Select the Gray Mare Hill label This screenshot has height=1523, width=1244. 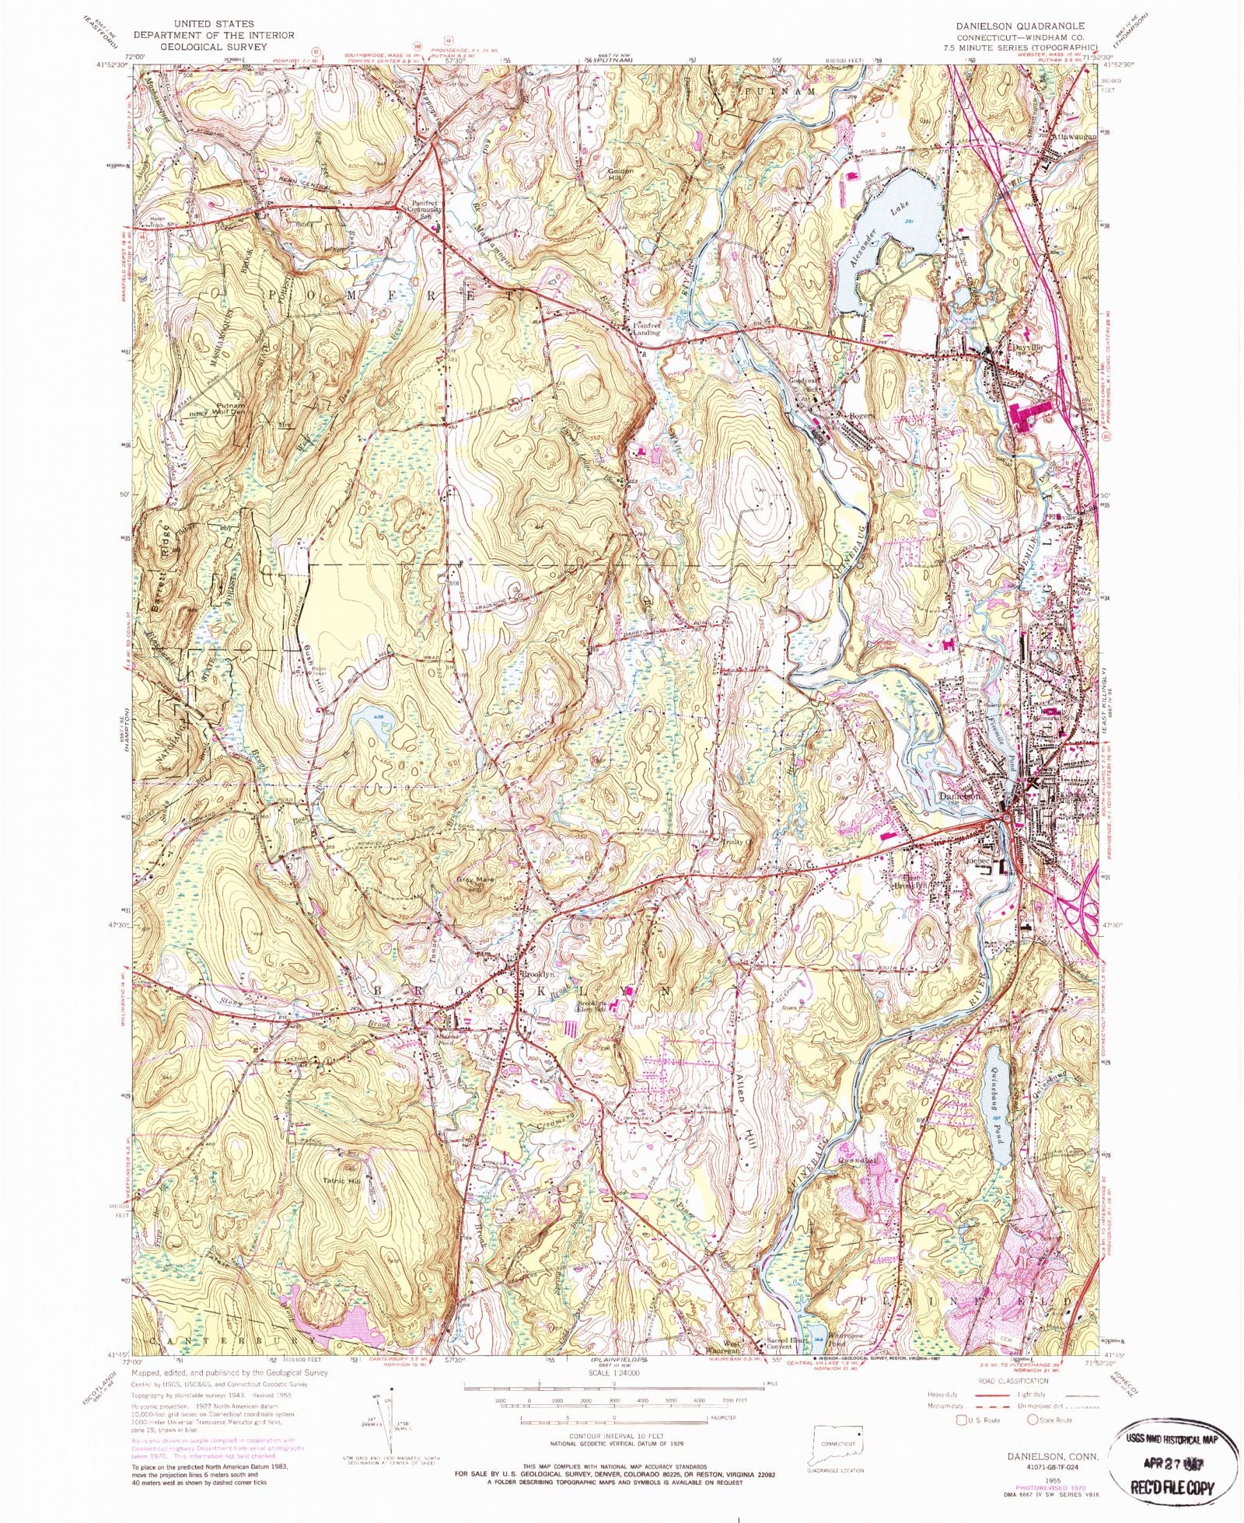click(479, 885)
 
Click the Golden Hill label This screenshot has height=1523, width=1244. click(620, 174)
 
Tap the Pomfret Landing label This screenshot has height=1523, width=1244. click(645, 329)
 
